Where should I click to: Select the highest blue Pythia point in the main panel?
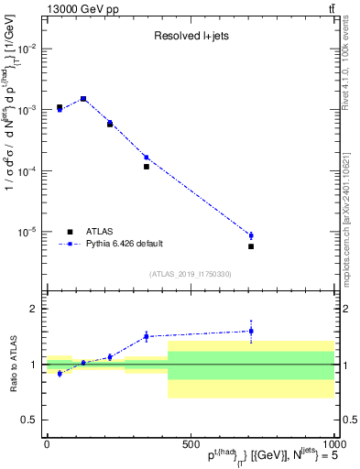(83, 98)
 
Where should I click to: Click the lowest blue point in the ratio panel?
(60, 374)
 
